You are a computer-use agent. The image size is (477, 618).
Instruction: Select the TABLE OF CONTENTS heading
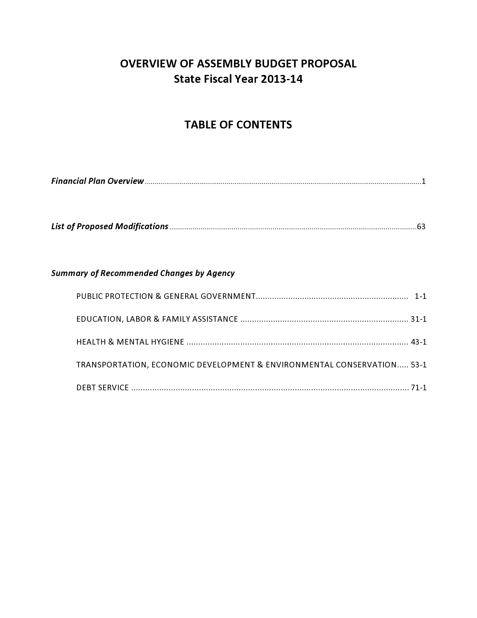[x=238, y=125]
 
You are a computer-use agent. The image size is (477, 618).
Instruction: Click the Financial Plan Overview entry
[x=97, y=181]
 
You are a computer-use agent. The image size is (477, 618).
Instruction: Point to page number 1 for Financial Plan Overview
[x=424, y=182]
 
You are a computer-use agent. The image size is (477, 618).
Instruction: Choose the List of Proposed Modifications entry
[x=110, y=227]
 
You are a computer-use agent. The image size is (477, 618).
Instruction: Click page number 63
[x=421, y=227]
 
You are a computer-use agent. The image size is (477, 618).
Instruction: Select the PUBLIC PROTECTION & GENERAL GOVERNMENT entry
[x=166, y=296]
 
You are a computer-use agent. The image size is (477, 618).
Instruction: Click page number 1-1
[x=421, y=296]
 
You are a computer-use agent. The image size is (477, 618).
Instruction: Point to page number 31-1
[x=419, y=319]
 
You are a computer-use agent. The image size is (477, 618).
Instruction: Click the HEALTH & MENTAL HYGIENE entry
[x=130, y=342]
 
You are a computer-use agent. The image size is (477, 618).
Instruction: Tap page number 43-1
[x=419, y=342]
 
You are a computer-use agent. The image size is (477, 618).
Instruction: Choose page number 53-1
[x=419, y=365]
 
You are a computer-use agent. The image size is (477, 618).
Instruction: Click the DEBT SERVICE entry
[x=103, y=388]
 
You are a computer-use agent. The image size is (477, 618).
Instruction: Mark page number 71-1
[x=419, y=388]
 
